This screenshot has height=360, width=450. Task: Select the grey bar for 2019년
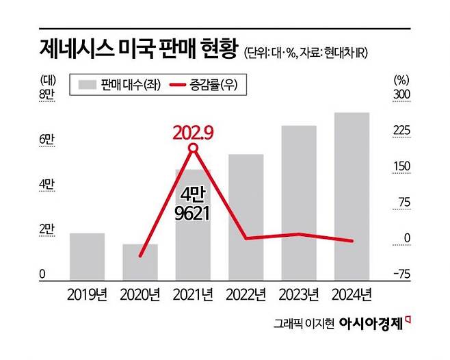pyautogui.click(x=87, y=257)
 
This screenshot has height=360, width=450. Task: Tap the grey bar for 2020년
pyautogui.click(x=140, y=262)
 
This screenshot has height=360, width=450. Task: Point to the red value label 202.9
pyautogui.click(x=194, y=131)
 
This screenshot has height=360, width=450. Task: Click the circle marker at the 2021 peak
pyautogui.click(x=194, y=148)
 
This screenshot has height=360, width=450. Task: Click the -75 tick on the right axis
pyautogui.click(x=401, y=274)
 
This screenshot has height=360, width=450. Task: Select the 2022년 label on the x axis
pyautogui.click(x=246, y=296)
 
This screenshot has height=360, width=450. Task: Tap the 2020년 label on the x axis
pyautogui.click(x=140, y=296)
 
